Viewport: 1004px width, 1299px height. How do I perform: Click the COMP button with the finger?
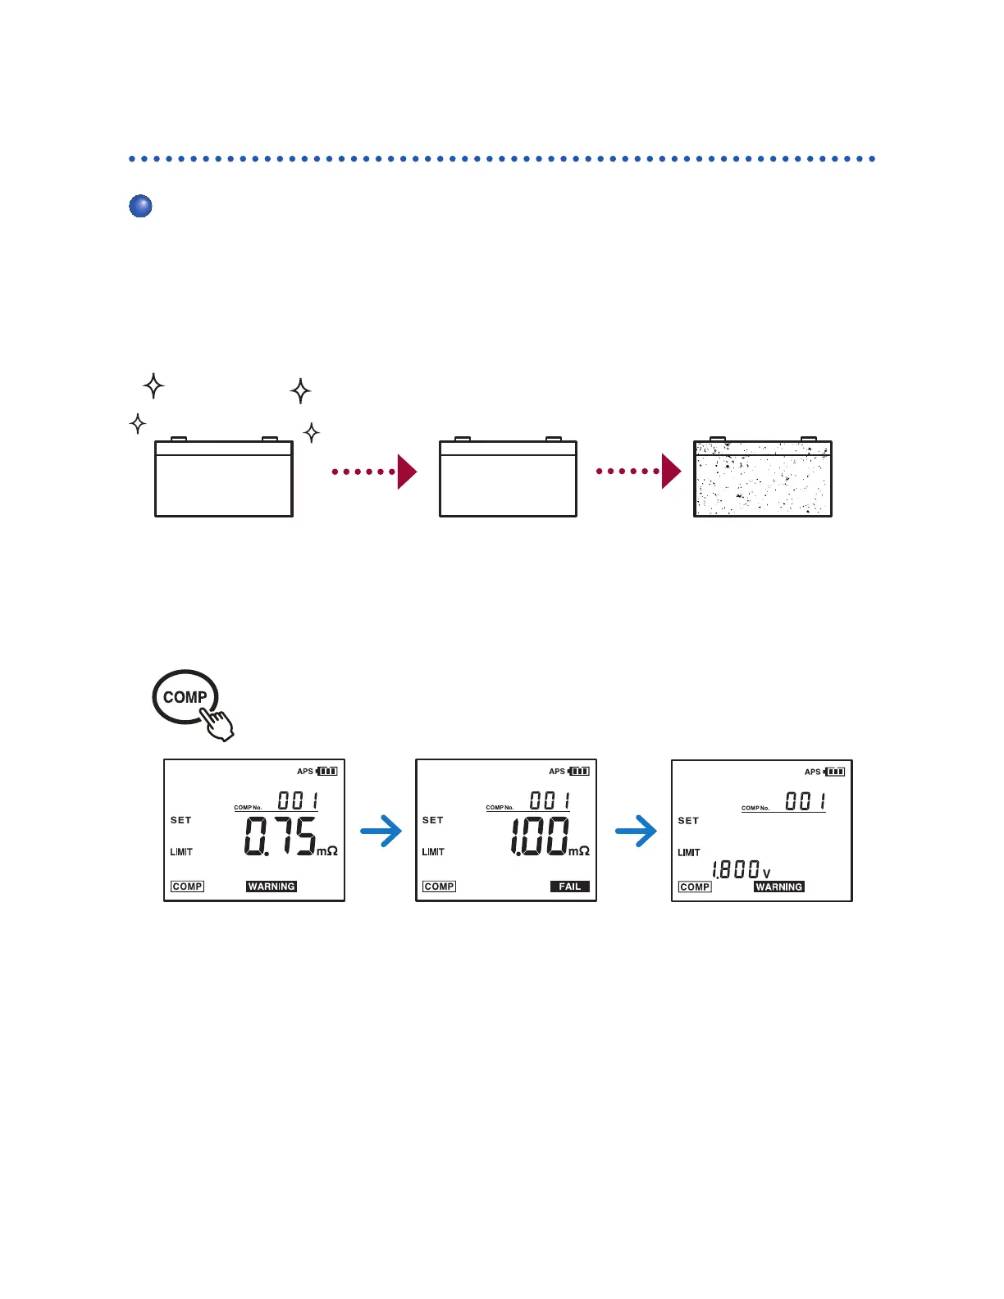(x=185, y=698)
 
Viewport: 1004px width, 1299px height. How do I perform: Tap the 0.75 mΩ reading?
(x=281, y=836)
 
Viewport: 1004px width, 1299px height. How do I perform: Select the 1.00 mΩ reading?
(x=539, y=836)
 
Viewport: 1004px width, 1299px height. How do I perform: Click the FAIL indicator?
(x=569, y=887)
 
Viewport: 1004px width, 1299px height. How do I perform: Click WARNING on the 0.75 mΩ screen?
(x=272, y=887)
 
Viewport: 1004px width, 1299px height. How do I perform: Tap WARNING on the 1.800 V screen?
(x=778, y=887)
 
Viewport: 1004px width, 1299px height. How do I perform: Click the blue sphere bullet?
(x=140, y=206)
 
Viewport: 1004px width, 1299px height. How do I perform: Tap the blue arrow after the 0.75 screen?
(x=382, y=832)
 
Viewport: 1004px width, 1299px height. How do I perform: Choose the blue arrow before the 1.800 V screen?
(x=637, y=832)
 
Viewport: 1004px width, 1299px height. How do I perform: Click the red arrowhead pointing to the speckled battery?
(x=671, y=472)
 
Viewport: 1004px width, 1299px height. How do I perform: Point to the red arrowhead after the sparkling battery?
(x=407, y=472)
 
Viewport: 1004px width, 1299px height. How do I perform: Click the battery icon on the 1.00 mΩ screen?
(x=579, y=771)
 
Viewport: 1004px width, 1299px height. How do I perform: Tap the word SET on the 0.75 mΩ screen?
(x=180, y=820)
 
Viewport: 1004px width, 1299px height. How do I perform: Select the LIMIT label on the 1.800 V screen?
(x=689, y=853)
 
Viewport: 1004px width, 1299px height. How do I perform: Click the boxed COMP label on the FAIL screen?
(x=439, y=887)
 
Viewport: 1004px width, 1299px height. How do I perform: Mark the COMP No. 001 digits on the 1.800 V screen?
(x=805, y=800)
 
